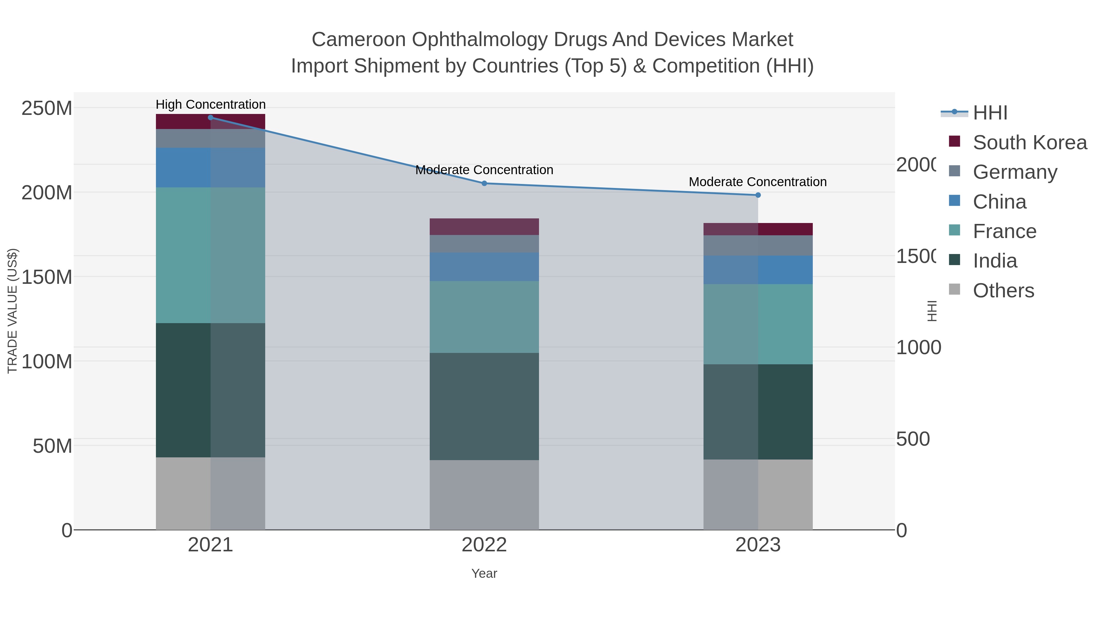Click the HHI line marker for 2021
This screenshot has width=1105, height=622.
tap(210, 118)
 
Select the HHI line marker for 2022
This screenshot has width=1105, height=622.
tap(484, 183)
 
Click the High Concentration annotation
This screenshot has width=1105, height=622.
tap(211, 104)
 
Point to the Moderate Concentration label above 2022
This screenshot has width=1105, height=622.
tap(484, 170)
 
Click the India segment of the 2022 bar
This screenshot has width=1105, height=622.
tap(484, 406)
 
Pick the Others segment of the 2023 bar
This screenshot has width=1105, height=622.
tap(758, 495)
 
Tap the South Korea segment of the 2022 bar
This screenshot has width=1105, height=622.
tap(484, 227)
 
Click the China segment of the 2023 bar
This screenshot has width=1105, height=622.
tap(758, 270)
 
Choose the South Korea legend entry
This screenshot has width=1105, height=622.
tap(1029, 143)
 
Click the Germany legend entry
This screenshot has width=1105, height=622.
tap(1015, 172)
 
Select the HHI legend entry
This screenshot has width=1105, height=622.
tap(990, 113)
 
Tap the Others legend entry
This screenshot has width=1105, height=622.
tap(1003, 291)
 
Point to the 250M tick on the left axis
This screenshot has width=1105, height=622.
tap(47, 108)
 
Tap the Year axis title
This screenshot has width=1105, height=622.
tap(484, 573)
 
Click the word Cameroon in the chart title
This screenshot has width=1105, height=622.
tap(358, 40)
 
